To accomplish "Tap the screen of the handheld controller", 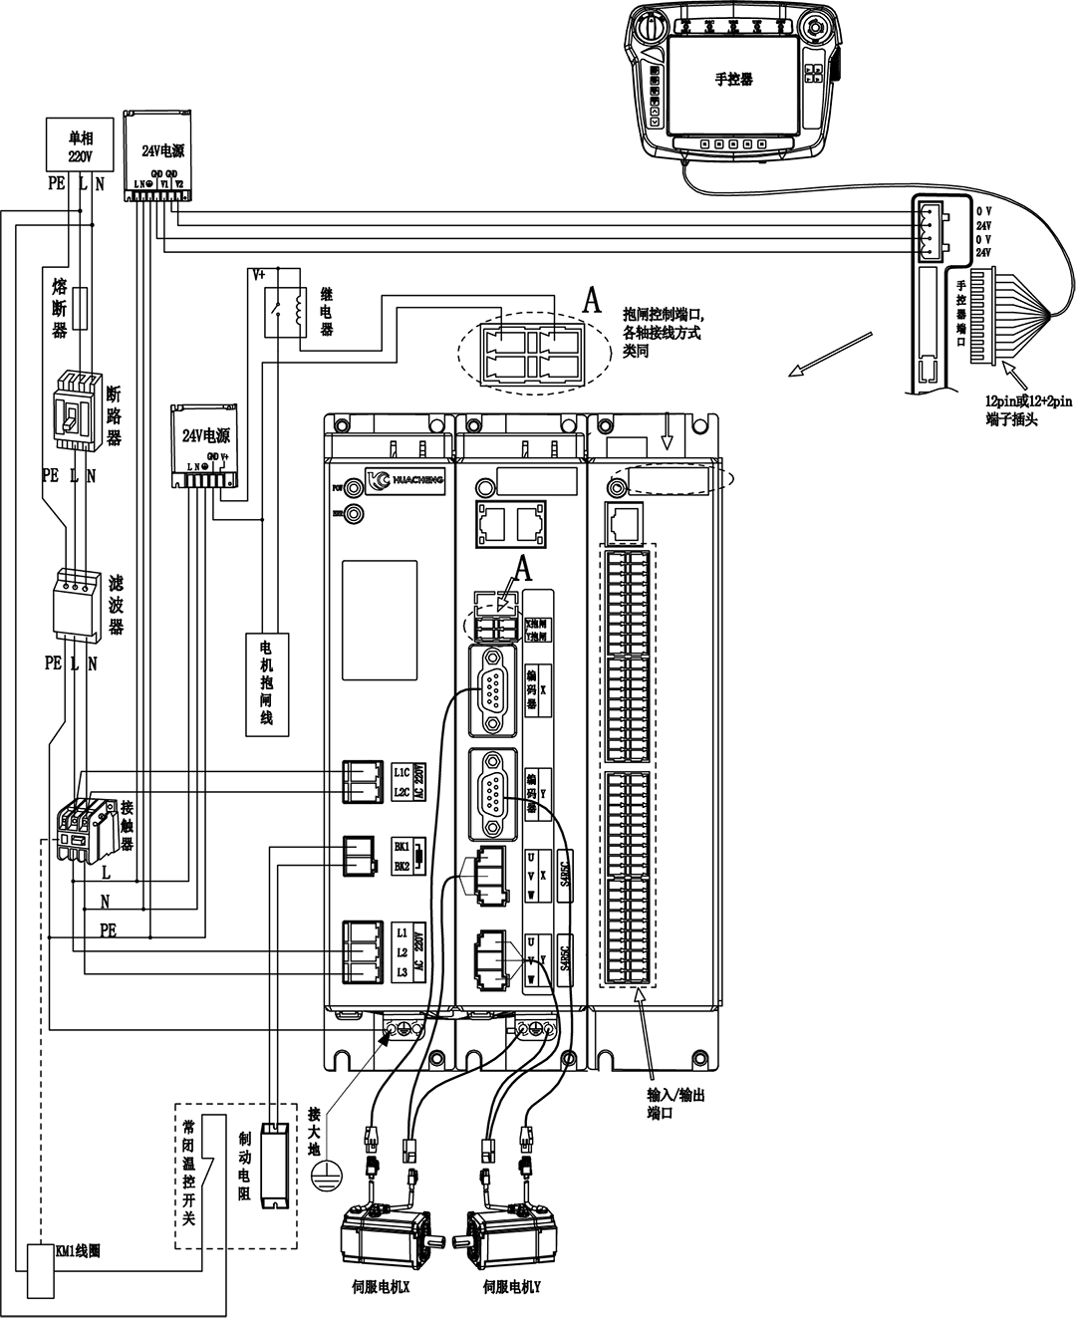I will tap(733, 84).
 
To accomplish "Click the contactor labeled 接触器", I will tap(81, 826).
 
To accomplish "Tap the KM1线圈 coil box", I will tap(41, 1270).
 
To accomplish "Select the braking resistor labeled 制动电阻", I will tap(272, 1165).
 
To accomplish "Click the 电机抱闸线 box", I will tap(266, 684).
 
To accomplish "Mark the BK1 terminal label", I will tap(402, 846).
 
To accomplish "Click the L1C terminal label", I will tap(402, 772).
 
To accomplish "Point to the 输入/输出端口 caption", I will tap(675, 1104).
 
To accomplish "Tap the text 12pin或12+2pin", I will tap(1028, 400).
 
